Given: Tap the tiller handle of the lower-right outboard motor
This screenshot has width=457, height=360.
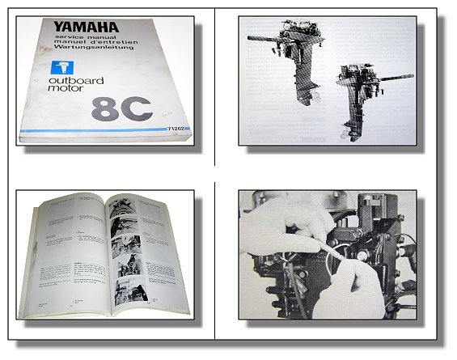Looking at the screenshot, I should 400,78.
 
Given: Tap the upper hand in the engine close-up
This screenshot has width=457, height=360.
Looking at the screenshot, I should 275,222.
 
